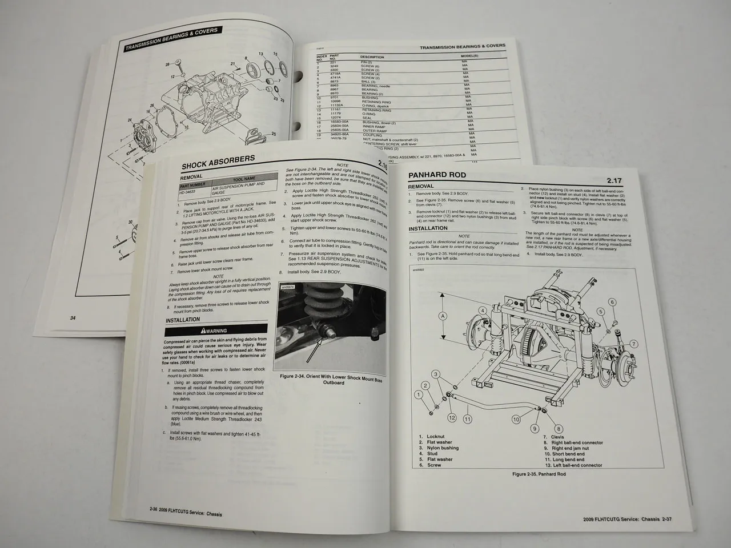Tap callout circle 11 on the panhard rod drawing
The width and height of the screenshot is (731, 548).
click(468, 419)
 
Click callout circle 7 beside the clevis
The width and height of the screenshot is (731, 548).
click(634, 344)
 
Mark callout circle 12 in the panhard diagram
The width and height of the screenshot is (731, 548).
click(452, 417)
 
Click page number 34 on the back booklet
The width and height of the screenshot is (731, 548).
click(73, 318)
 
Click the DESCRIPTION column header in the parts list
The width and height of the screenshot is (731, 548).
click(372, 57)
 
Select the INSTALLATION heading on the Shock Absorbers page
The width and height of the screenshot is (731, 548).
click(183, 320)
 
